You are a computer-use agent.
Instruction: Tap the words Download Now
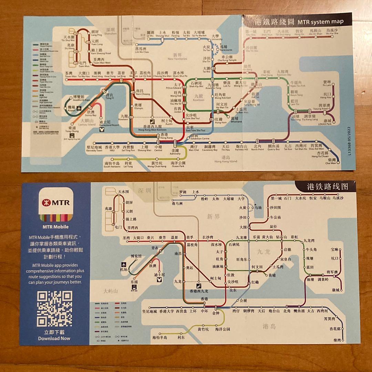coord(54,338)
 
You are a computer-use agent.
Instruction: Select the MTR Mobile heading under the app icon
coord(55,227)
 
